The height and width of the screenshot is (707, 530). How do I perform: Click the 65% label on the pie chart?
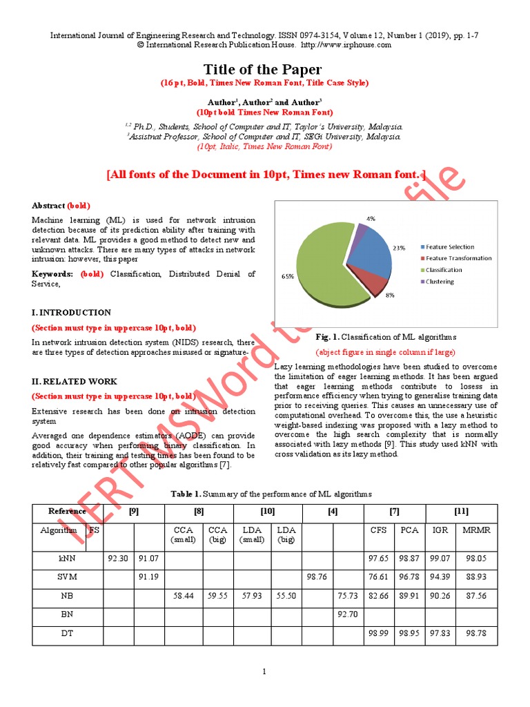pyautogui.click(x=288, y=276)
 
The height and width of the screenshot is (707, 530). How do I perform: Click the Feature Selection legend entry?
pyautogui.click(x=449, y=246)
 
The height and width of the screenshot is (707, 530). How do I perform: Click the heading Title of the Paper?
pyautogui.click(x=262, y=69)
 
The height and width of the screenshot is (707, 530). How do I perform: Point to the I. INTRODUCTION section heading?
pyautogui.click(x=72, y=313)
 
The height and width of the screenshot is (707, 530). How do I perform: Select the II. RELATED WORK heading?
pyautogui.click(x=75, y=381)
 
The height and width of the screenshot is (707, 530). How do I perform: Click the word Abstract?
pyautogui.click(x=48, y=206)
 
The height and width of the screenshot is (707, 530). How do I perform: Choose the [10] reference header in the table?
pyautogui.click(x=267, y=511)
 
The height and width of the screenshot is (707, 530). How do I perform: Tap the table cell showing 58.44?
pyautogui.click(x=184, y=594)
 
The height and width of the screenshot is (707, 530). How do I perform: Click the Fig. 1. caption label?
pyautogui.click(x=328, y=337)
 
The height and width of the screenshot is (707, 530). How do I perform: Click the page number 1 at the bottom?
pyautogui.click(x=264, y=671)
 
